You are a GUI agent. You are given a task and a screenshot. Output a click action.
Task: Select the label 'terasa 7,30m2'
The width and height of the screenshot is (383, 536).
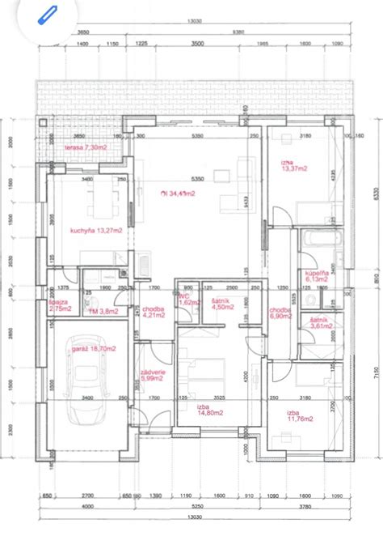point(85,148)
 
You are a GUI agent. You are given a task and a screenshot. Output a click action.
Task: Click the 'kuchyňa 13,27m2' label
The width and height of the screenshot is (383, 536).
point(96,230)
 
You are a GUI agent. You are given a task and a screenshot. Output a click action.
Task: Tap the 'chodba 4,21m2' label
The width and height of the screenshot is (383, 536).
point(154,313)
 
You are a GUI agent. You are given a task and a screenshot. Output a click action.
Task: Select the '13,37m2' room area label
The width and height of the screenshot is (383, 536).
point(292,167)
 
